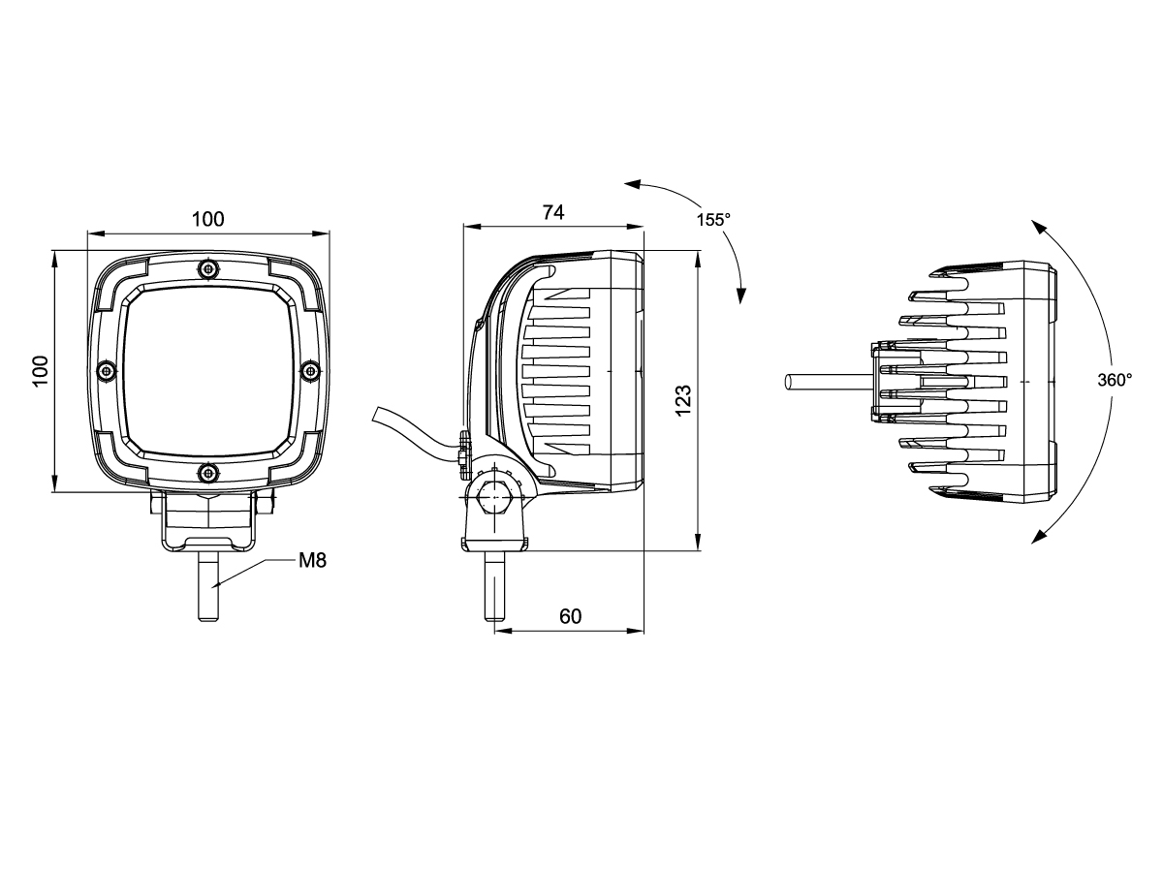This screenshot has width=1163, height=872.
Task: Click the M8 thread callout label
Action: click(312, 560)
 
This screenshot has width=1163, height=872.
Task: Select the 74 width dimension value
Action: click(553, 212)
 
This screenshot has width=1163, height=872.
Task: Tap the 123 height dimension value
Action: click(683, 401)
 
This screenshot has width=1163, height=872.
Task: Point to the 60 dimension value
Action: click(570, 616)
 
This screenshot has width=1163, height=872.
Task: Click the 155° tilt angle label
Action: click(713, 219)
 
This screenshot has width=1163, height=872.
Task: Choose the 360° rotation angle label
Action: click(1115, 380)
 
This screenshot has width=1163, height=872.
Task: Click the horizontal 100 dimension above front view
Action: click(207, 219)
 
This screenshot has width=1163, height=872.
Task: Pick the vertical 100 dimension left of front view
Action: click(41, 371)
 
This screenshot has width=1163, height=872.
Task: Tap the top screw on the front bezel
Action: click(208, 269)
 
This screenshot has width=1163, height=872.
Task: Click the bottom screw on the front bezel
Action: click(208, 472)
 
